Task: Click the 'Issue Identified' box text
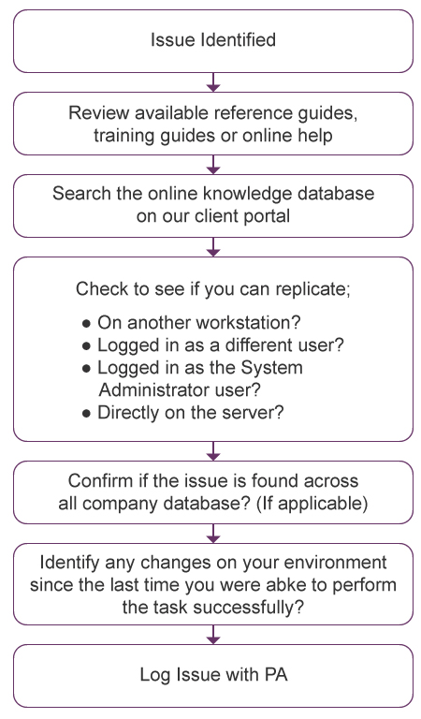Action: [x=213, y=40]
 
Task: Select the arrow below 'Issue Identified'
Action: [x=213, y=82]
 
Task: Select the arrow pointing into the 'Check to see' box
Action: [x=213, y=247]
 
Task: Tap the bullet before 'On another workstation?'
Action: [x=86, y=324]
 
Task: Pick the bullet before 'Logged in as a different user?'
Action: [x=86, y=346]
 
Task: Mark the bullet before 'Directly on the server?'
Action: [x=86, y=414]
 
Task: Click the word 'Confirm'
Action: [x=97, y=480]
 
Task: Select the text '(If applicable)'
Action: [x=312, y=504]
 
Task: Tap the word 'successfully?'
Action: [x=248, y=608]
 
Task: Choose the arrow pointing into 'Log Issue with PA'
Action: [x=213, y=635]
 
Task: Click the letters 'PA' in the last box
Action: [x=276, y=675]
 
